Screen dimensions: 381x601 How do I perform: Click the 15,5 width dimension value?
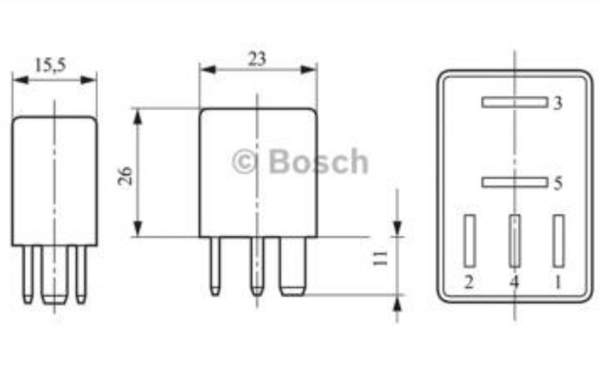coord(50,65)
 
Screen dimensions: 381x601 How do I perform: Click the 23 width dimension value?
coord(257,59)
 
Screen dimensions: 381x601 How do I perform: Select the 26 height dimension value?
coord(126,176)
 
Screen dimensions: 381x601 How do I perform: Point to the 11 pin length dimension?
coord(380,258)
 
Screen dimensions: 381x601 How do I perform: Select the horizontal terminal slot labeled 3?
coord(514,102)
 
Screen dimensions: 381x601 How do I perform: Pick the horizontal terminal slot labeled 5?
coord(514,183)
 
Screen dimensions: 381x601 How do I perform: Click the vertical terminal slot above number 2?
coord(470,241)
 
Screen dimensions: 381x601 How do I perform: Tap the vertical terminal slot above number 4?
coord(514,241)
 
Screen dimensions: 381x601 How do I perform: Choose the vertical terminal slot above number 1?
coord(559,241)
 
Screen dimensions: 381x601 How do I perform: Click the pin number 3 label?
coord(557,103)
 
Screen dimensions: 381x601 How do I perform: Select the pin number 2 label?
coord(469,282)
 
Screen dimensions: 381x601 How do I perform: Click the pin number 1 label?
coord(558,282)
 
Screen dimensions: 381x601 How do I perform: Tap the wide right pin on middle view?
coord(293,266)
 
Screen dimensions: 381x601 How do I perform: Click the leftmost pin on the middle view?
coord(215,266)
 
